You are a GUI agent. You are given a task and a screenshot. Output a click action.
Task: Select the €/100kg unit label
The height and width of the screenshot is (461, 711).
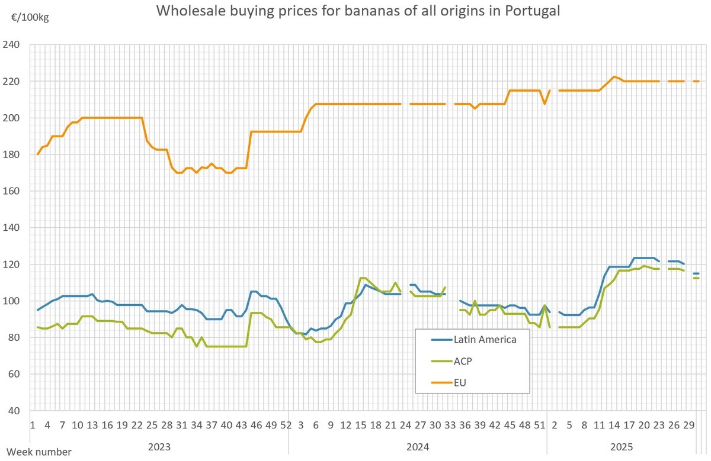(x=30, y=17)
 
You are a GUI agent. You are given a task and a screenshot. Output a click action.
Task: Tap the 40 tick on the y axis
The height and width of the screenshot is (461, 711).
(x=14, y=411)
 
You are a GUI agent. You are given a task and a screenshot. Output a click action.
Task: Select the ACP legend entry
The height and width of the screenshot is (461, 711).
(x=463, y=361)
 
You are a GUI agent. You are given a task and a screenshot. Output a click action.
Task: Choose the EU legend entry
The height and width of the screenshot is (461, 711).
(x=460, y=383)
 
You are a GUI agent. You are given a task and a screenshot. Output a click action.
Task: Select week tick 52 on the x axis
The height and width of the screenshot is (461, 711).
(x=286, y=425)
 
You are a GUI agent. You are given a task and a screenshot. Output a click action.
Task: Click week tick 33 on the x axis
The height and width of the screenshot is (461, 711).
(x=450, y=425)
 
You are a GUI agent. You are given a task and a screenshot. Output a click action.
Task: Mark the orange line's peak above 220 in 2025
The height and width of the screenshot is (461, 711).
(x=614, y=76)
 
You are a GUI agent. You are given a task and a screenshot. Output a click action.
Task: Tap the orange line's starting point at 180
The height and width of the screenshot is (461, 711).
(x=37, y=154)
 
